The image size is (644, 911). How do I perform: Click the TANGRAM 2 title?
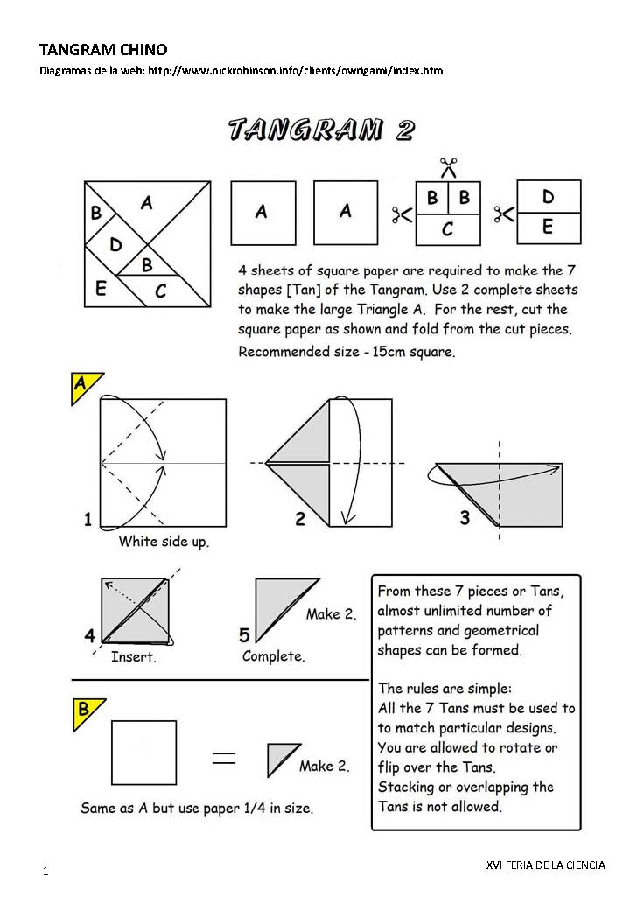coord(321,130)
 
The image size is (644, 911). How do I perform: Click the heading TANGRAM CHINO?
coord(103,50)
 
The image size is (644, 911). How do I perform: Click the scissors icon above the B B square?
coord(448,165)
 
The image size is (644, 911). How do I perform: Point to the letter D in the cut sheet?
coord(548,196)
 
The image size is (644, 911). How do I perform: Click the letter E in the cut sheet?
coord(548,228)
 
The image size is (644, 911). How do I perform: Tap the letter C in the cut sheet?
coord(447,230)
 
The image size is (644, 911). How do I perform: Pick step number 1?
coord(87,520)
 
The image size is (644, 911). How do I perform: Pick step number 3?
coord(465,518)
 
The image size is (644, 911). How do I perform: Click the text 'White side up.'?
coord(164,542)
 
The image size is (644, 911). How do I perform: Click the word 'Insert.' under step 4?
coord(133,656)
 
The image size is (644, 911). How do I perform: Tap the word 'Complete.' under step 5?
coord(273,656)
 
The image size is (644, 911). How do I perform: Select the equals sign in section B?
coord(225,758)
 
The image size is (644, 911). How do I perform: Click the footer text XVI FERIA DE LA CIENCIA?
coord(545,865)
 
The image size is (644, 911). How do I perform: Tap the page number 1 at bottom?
coord(45,872)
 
